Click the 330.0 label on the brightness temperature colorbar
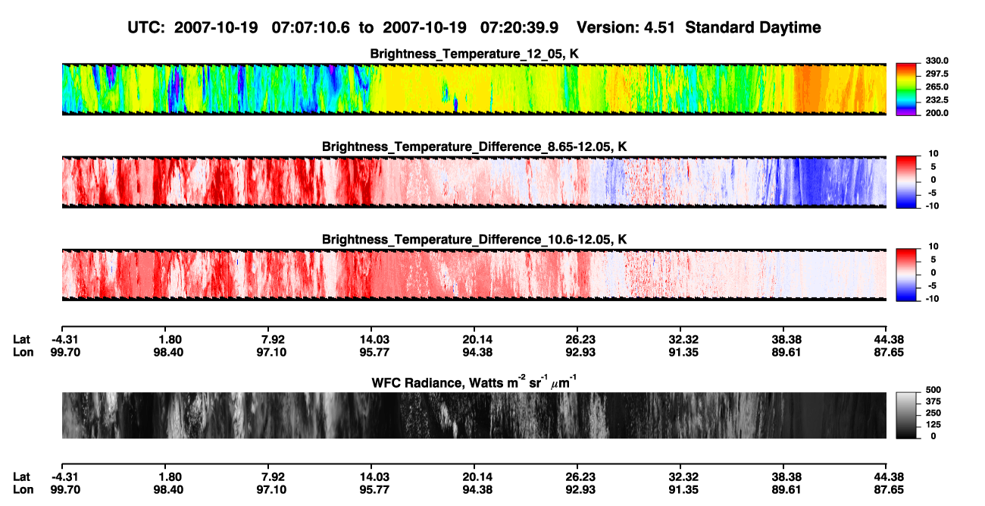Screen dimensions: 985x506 click(937, 61)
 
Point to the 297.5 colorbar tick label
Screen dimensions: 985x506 click(937, 74)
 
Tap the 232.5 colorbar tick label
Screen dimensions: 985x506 click(937, 100)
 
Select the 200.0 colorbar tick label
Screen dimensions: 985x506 click(937, 113)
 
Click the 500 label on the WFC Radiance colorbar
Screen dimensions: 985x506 click(933, 390)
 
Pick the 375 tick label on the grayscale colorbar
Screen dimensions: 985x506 click(933, 401)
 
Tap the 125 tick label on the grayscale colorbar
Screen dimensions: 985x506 click(933, 425)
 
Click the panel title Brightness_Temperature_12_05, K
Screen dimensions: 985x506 click(474, 54)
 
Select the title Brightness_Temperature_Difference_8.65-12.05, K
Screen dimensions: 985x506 click(474, 146)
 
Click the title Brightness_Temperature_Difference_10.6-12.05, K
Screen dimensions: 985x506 click(474, 240)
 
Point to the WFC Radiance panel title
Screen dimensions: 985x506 click(474, 382)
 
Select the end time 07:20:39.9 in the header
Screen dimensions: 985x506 click(519, 27)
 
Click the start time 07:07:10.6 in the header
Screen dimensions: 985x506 click(311, 27)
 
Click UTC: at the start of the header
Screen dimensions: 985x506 click(146, 27)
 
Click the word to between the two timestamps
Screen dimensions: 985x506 click(366, 28)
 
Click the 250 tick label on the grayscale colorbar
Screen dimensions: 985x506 click(933, 413)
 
